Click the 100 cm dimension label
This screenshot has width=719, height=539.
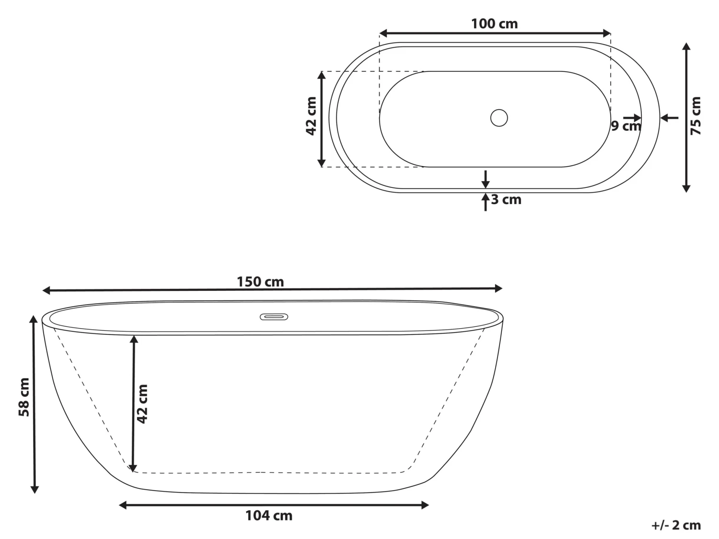(x=494, y=23)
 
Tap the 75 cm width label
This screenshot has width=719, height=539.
(x=696, y=115)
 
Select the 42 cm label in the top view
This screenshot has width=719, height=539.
(x=311, y=116)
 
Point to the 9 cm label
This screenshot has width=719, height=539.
(x=625, y=126)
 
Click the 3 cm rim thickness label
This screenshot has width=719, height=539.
(x=506, y=199)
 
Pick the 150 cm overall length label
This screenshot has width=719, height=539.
(x=260, y=282)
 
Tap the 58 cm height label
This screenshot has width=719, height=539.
(x=23, y=397)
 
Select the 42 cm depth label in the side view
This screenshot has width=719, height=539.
(x=142, y=403)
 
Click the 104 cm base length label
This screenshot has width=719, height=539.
(x=269, y=516)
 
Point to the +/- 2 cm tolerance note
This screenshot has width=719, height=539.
(x=676, y=525)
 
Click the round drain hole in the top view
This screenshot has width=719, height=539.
(x=499, y=118)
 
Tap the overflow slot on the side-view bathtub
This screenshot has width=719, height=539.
(x=274, y=317)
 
